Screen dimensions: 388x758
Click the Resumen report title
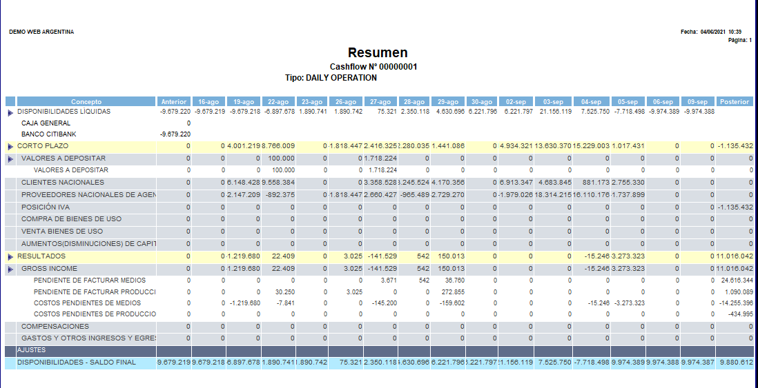pos(378,53)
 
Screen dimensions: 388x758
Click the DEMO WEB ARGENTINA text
pos(41,32)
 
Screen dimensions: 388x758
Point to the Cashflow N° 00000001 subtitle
pos(373,67)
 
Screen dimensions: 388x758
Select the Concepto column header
pos(86,102)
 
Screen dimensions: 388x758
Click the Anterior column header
pos(174,102)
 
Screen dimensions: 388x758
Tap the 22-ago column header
pos(278,102)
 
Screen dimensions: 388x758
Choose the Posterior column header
pos(734,102)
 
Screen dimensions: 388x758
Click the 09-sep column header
pos(697,102)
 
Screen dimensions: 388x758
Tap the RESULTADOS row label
pos(41,256)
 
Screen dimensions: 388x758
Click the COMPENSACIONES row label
pos(55,326)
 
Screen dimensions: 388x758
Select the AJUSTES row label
pos(31,350)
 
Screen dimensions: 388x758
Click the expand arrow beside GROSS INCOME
pos(10,269)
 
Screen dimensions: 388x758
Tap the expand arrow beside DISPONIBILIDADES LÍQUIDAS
pos(10,112)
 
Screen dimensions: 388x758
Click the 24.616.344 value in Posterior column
pos(736,281)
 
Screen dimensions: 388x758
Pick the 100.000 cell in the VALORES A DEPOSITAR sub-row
pos(283,170)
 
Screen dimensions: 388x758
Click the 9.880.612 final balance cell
pos(736,363)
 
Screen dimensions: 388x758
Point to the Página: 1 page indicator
pos(740,40)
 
